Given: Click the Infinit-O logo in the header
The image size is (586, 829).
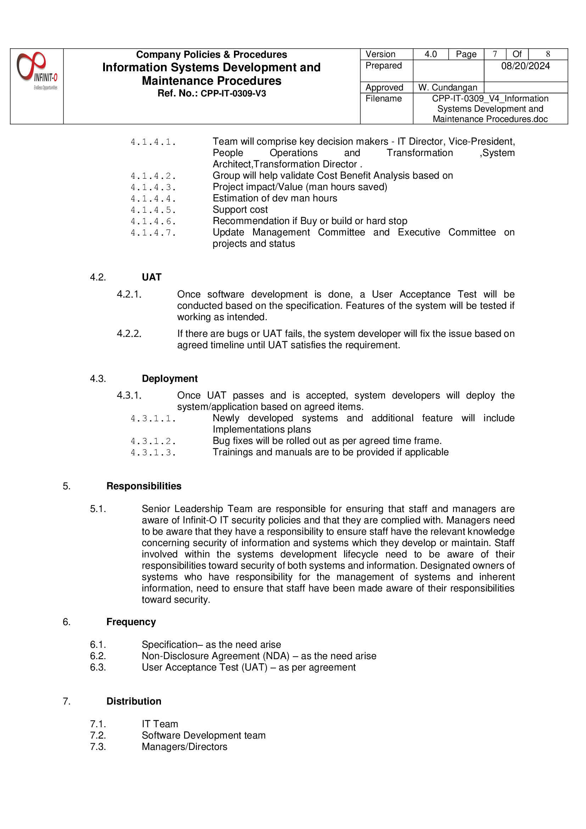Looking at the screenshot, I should (37, 71).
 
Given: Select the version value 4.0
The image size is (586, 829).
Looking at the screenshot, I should (430, 54).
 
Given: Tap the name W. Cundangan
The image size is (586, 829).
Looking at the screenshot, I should (447, 87).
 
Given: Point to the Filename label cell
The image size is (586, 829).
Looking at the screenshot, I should (384, 99).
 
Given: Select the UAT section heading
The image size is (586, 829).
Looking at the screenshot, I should (152, 277).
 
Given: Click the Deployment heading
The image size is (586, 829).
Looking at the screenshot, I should (170, 379).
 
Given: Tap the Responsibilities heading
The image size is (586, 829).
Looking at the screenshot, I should (144, 486).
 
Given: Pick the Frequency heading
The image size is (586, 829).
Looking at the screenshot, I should (131, 622).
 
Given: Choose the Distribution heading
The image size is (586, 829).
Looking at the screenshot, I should (134, 702).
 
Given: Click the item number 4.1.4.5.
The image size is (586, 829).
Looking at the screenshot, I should (153, 210).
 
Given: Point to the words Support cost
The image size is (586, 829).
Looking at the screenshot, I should (240, 210).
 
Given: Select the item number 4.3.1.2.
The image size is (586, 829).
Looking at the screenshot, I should (153, 441).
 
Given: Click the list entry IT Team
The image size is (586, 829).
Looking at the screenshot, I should (160, 724).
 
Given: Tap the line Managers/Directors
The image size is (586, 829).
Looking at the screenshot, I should (184, 747).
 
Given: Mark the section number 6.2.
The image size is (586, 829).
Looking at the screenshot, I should (98, 656).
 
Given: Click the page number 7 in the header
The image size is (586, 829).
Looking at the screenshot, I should (495, 54).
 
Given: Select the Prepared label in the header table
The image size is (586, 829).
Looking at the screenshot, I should (384, 66).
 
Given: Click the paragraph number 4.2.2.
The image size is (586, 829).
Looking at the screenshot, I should (129, 334).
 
